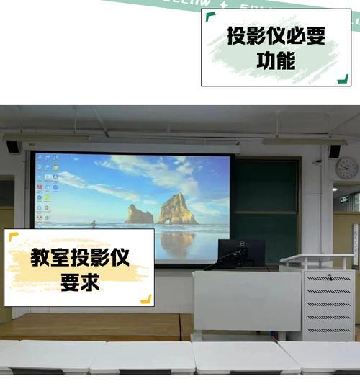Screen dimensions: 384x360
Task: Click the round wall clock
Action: (x=346, y=168)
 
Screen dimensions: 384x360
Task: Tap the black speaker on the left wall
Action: (x=13, y=147)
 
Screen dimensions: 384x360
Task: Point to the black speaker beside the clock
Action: (x=333, y=151)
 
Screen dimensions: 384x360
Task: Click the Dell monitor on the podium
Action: (x=240, y=251)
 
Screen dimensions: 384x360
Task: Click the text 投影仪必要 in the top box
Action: (x=276, y=35)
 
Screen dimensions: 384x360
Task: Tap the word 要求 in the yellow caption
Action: (x=80, y=283)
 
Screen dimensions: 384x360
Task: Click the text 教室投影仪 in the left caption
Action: (x=80, y=258)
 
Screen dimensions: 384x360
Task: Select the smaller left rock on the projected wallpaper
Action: (x=139, y=214)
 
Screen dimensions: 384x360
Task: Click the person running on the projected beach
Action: (x=93, y=224)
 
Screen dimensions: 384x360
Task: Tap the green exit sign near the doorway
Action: (x=344, y=198)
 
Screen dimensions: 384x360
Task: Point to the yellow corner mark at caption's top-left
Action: (x=13, y=236)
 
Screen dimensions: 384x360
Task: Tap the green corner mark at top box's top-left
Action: (x=210, y=16)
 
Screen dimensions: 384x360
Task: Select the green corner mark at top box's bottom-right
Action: (x=343, y=79)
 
